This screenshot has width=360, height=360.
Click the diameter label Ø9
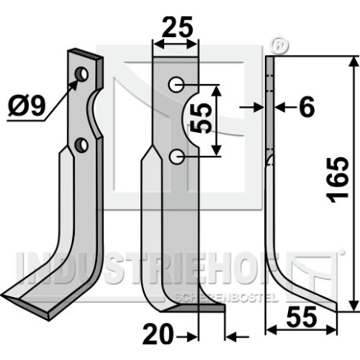tap(27, 106)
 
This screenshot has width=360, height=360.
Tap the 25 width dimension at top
tap(177, 27)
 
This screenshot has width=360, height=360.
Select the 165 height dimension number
tap(338, 180)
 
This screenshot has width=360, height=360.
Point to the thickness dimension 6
tap(307, 107)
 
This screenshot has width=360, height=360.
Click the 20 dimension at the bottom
tap(158, 334)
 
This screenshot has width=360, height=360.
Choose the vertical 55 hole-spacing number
tap(201, 118)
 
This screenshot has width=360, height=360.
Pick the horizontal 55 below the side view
tap(301, 317)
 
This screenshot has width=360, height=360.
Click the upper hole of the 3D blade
tap(82, 74)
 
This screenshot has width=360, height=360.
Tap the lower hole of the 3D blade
tap(82, 145)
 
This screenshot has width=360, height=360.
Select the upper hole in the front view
tap(176, 85)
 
